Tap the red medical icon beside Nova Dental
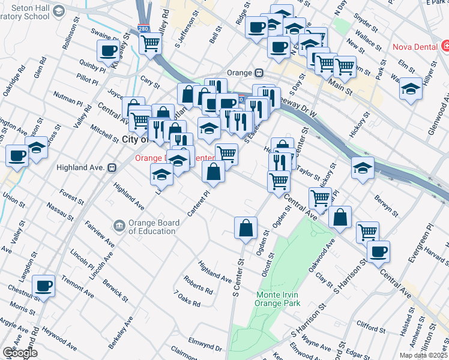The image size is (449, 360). [x=445, y=46]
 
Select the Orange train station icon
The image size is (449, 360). [x=259, y=73]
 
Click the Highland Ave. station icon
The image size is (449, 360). [x=112, y=168]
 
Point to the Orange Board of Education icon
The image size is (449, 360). [x=119, y=226]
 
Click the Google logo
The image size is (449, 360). [x=20, y=353]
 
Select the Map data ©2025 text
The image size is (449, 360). [x=423, y=355]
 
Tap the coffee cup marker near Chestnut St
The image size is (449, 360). [x=42, y=286]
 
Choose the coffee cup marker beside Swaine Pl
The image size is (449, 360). [x=108, y=51]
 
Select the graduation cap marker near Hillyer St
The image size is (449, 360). [x=411, y=89]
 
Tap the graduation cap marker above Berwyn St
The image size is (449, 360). [x=363, y=169]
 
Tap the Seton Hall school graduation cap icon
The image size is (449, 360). [x=58, y=11]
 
